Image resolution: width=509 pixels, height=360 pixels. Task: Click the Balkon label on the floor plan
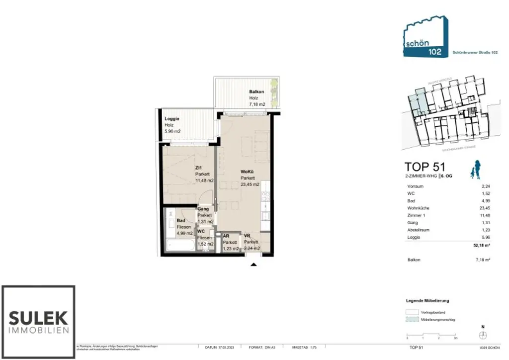tap(256, 92)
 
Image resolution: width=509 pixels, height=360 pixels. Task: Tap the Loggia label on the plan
tap(171, 119)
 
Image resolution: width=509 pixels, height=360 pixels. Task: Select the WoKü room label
tap(248, 172)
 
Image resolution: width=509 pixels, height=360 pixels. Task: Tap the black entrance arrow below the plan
tap(254, 264)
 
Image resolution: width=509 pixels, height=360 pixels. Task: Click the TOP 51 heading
tap(424, 167)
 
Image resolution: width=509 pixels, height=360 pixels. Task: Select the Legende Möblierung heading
tap(427, 301)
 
